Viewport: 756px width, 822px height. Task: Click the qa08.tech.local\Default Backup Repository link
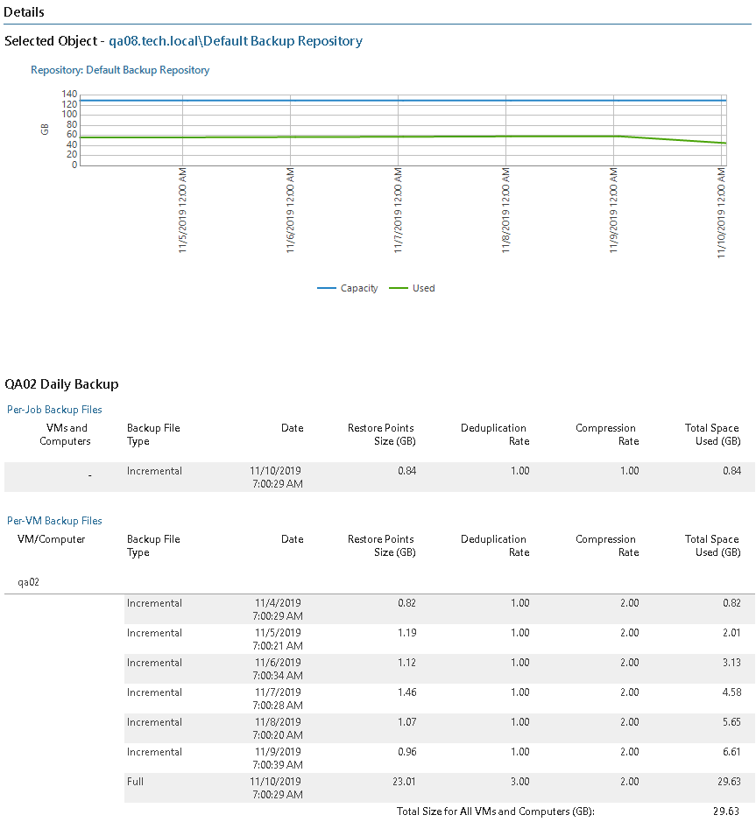point(235,41)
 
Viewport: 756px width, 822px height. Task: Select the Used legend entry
point(423,288)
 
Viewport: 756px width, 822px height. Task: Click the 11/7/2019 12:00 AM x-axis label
point(399,210)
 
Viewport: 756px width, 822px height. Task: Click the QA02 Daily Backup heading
point(61,384)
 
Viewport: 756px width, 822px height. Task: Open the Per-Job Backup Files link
point(54,410)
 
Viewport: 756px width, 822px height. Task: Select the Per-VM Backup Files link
point(54,521)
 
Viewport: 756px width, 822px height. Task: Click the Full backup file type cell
point(137,782)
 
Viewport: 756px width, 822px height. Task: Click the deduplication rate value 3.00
point(519,782)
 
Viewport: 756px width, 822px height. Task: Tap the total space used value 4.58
point(729,692)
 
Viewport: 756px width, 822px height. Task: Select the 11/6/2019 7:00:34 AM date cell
point(278,669)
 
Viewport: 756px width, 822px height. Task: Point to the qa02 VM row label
point(29,581)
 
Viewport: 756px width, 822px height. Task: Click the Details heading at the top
point(25,12)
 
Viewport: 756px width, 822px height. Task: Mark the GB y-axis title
point(45,129)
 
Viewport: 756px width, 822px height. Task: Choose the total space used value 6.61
point(729,752)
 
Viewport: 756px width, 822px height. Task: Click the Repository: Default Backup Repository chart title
point(120,70)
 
